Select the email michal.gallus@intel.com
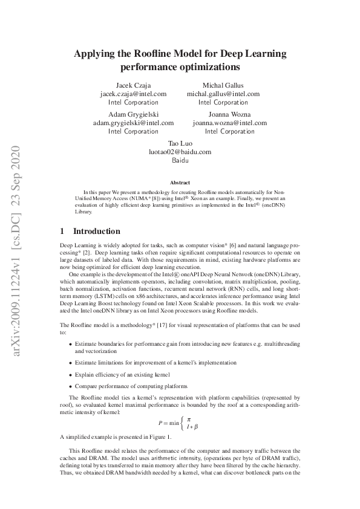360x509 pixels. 223,94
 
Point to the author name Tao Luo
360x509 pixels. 180,143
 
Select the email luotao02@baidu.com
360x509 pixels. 180,151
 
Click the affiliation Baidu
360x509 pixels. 180,160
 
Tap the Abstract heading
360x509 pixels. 180,182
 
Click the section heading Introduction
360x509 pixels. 96,231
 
